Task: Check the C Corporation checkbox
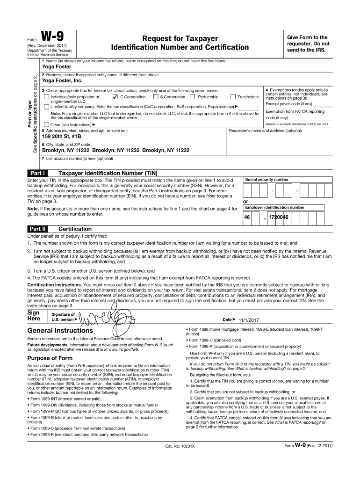pos(115,97)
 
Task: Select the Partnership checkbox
pos(192,97)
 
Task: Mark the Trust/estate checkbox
pos(246,97)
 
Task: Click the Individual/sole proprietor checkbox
pos(46,97)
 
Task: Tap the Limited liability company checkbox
pos(46,107)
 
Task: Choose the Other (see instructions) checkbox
pos(46,125)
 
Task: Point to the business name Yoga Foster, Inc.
pos(61,80)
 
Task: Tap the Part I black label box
pos(36,173)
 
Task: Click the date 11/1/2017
pos(248,319)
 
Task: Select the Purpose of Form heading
pos(50,358)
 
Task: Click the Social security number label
pos(267,180)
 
